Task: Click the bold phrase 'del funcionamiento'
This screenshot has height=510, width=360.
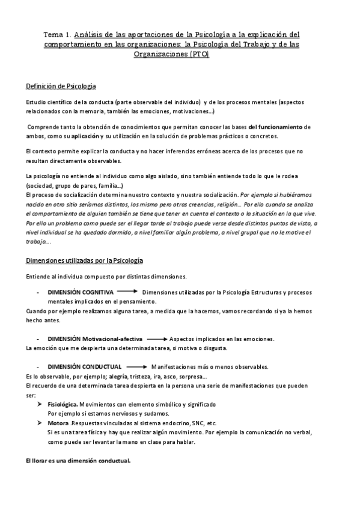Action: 276,127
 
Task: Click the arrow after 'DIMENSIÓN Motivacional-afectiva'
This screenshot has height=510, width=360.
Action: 156,339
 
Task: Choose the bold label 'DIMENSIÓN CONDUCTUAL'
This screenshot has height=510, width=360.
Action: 84,366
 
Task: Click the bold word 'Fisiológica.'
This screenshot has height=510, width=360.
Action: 63,405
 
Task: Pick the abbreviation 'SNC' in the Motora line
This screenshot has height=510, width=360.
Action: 192,423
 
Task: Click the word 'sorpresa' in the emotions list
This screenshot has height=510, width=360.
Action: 191,375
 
